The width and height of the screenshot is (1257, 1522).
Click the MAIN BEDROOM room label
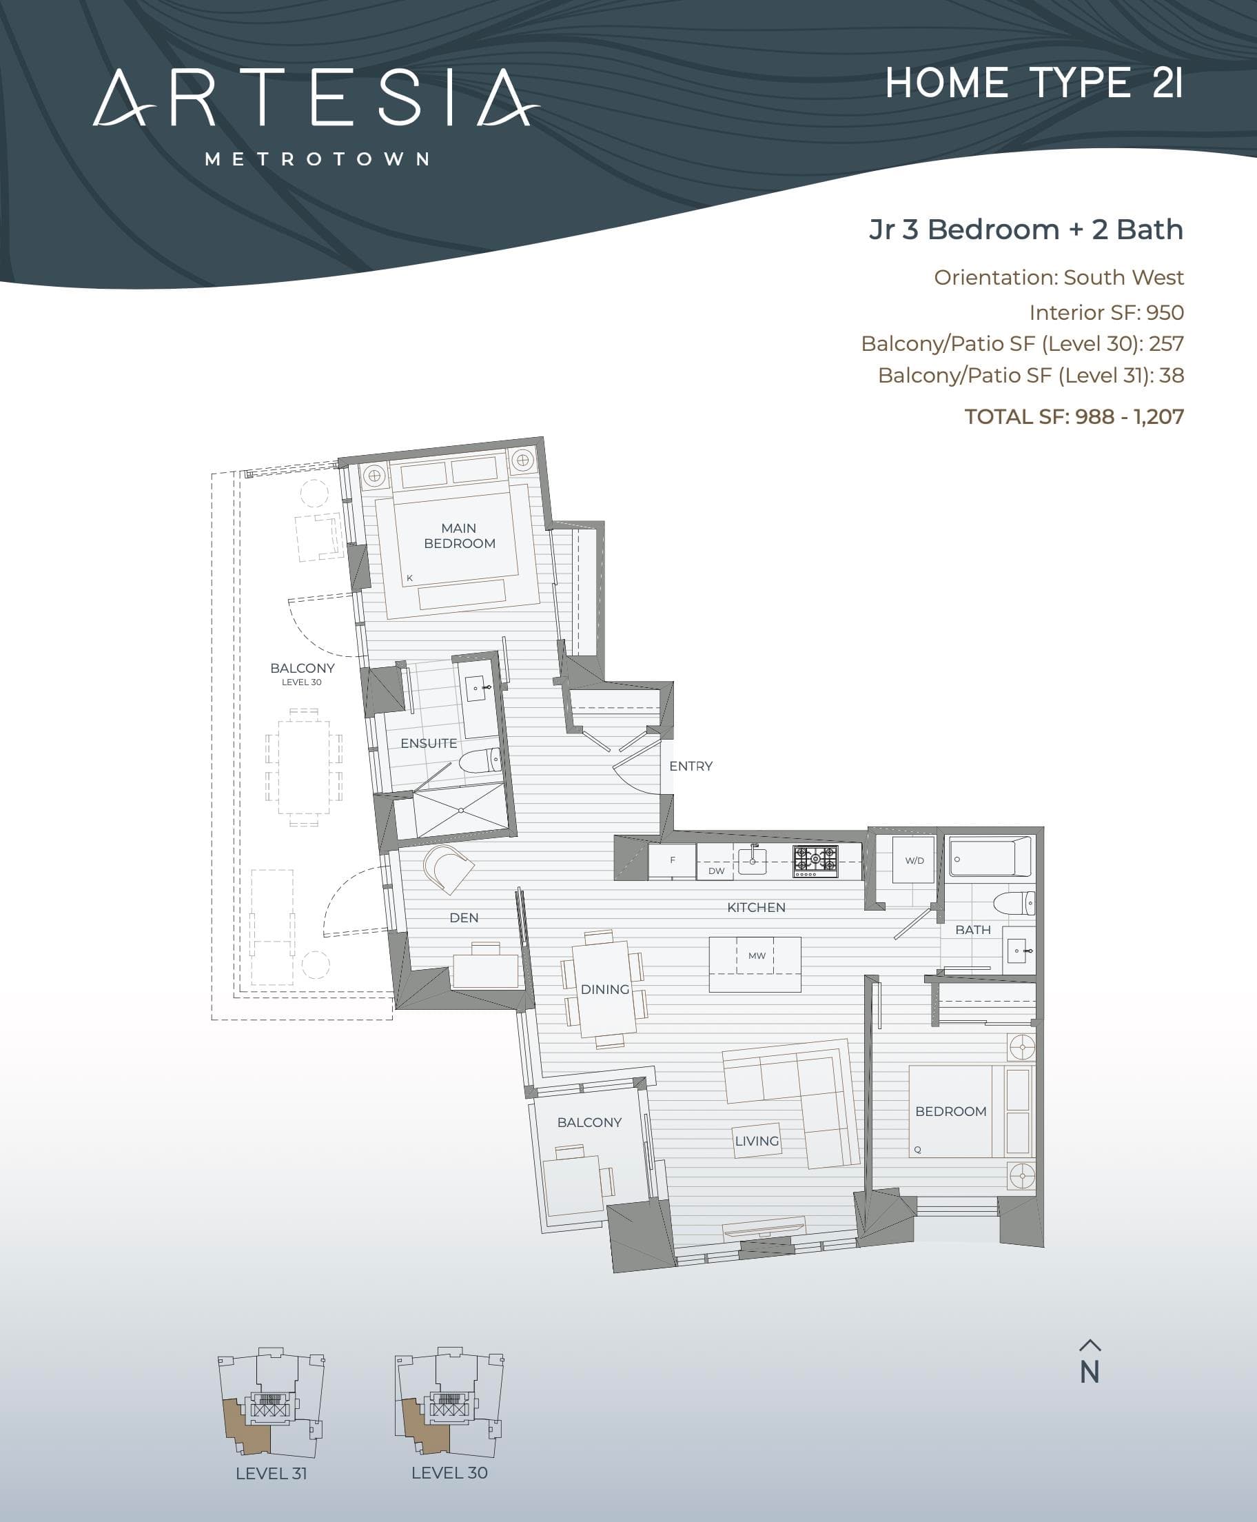pyautogui.click(x=460, y=536)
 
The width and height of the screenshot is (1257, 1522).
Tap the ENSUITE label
pyautogui.click(x=429, y=744)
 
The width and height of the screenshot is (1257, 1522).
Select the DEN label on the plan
pyautogui.click(x=464, y=918)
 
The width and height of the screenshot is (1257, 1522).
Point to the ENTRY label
pyautogui.click(x=691, y=766)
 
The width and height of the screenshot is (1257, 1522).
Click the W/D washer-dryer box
pyautogui.click(x=914, y=860)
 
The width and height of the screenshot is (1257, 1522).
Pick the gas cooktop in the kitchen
pyautogui.click(x=815, y=860)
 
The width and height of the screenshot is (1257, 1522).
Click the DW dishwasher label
pyautogui.click(x=716, y=871)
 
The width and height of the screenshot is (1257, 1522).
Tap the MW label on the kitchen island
pyautogui.click(x=757, y=956)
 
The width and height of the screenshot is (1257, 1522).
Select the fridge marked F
pyautogui.click(x=673, y=861)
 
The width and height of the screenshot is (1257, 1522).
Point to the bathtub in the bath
pyautogui.click(x=990, y=857)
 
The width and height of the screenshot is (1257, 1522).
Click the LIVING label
pyautogui.click(x=757, y=1141)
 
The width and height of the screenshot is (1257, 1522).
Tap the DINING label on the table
pyautogui.click(x=604, y=990)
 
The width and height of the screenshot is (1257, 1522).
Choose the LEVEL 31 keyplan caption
pyautogui.click(x=272, y=1474)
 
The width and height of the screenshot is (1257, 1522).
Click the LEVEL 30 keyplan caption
pyautogui.click(x=449, y=1473)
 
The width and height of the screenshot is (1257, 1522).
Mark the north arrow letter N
pyautogui.click(x=1090, y=1372)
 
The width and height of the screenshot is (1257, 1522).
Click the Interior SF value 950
pyautogui.click(x=1165, y=313)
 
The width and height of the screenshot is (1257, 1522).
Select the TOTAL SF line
pyautogui.click(x=1074, y=417)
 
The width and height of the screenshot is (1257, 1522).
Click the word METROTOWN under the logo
pyautogui.click(x=317, y=159)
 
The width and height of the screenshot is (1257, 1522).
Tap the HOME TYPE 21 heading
pyautogui.click(x=1034, y=83)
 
